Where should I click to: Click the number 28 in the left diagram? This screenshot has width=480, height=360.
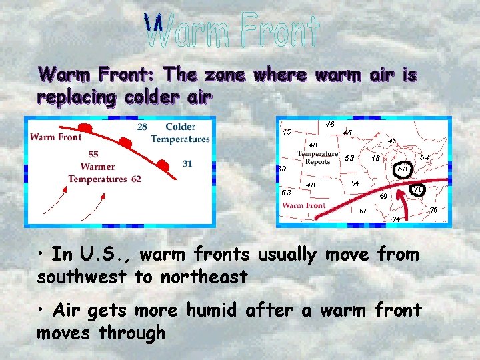coord(142,127)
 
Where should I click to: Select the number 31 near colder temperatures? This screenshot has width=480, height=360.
coord(187,163)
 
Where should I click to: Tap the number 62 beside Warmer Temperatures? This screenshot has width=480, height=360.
coord(136,179)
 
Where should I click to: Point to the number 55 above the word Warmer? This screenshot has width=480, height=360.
coord(93,155)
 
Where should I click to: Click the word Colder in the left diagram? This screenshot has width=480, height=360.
coord(180,127)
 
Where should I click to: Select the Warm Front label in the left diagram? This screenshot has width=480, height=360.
coord(56,137)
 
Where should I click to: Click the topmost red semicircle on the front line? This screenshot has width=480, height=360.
coord(85,127)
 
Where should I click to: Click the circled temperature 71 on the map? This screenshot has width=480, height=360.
coord(418,190)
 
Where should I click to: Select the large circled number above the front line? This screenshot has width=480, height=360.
coord(403,169)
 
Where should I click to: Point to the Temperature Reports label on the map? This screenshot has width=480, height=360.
coord(318,157)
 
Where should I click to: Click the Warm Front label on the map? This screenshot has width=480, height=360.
coord(303,205)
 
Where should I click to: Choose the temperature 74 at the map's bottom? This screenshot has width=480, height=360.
coord(396,219)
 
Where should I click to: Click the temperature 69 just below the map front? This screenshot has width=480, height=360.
coord(384,196)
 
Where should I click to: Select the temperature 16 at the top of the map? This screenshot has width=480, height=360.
coord(330,125)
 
